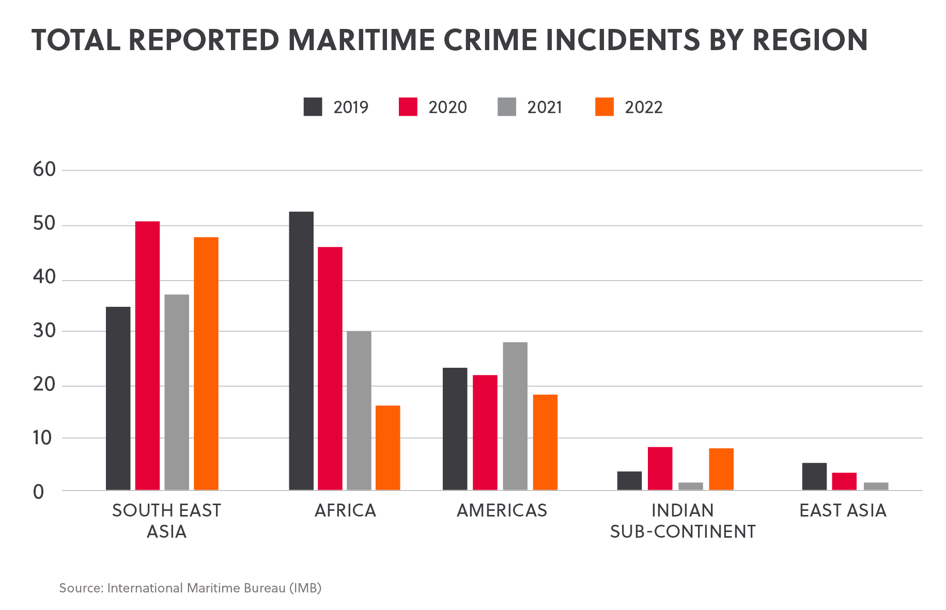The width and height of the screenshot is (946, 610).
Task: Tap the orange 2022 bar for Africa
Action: [388, 448]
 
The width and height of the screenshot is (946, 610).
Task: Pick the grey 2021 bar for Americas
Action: [515, 416]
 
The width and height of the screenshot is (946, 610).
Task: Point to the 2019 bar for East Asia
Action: [814, 476]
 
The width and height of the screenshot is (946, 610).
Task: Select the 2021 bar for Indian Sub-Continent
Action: [691, 486]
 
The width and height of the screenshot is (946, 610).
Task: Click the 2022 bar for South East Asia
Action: [206, 364]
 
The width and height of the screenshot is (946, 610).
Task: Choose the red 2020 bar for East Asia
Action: [844, 481]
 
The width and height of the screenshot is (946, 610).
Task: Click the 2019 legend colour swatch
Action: [313, 107]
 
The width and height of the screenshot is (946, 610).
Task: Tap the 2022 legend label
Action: [643, 107]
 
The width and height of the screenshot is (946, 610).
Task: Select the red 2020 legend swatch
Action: [408, 107]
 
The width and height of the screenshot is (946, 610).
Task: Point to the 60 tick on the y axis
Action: [44, 169]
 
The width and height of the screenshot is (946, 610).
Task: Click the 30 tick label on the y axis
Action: [44, 331]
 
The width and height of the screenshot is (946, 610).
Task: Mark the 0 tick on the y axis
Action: [39, 492]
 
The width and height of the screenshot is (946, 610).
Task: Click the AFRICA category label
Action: [345, 510]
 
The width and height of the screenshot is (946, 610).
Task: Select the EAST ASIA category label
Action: [843, 510]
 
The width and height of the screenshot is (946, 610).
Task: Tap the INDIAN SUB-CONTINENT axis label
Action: [683, 521]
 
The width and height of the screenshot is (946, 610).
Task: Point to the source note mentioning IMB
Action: [190, 588]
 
